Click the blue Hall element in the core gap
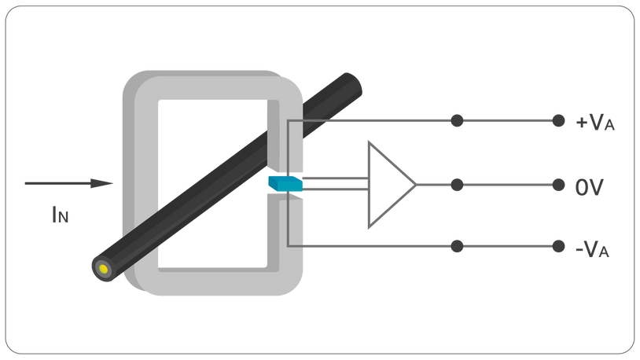(x=285, y=183)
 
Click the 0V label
(x=590, y=187)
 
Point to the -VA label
(x=592, y=249)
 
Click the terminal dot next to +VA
(x=558, y=121)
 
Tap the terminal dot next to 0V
(x=558, y=185)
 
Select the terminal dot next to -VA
(x=558, y=246)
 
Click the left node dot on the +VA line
(x=457, y=121)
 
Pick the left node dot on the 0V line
(x=457, y=185)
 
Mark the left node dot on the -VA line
(x=457, y=246)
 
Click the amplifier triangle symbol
(x=385, y=185)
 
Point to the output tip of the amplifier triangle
(x=414, y=185)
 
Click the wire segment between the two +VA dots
(x=507, y=121)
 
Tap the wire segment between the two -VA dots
(x=507, y=246)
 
